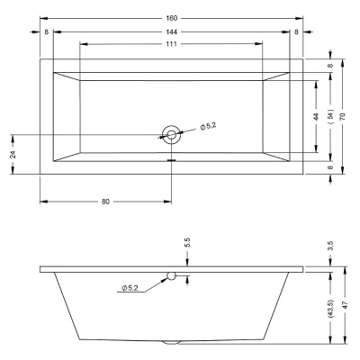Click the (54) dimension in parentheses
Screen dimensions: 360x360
coord(329,116)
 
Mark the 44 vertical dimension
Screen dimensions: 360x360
coord(316,116)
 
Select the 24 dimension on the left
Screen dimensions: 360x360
coord(13,154)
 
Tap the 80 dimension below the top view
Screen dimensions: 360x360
coord(105,202)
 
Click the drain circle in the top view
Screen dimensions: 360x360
coord(171,133)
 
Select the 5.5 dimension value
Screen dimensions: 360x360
coord(187,244)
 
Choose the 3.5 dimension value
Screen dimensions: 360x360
coord(330,246)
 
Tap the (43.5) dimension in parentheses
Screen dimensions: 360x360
coord(330,309)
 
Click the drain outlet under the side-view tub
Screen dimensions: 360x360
coord(171,343)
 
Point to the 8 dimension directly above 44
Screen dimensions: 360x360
coord(330,66)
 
